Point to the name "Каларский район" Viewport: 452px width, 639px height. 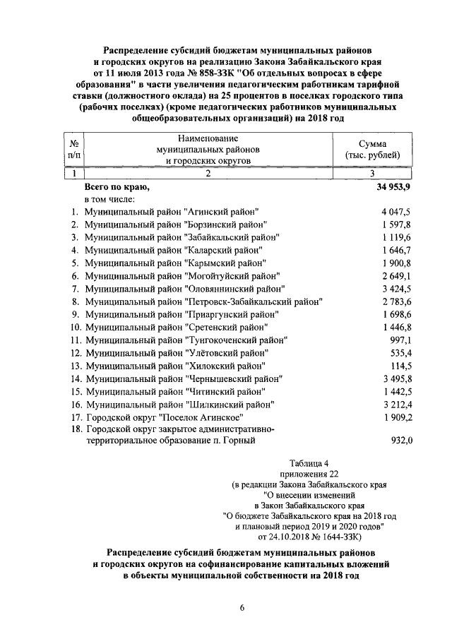coord(224,250)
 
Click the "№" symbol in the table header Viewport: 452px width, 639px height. coord(74,143)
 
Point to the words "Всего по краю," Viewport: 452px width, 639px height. coord(117,188)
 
